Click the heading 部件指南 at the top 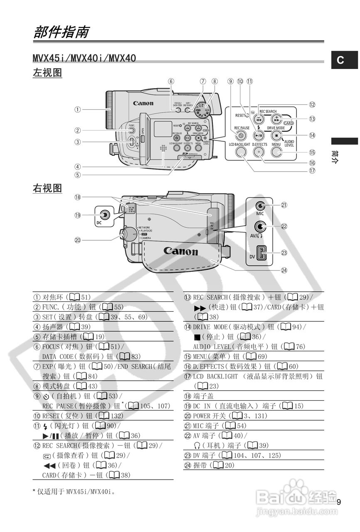[61, 32]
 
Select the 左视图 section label [47, 73]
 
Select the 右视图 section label [47, 188]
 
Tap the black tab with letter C [340, 60]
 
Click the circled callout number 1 [77, 110]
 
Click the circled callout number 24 [284, 270]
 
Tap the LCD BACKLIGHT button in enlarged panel [239, 152]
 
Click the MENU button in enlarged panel [276, 152]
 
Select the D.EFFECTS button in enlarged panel [259, 152]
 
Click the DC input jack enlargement [105, 214]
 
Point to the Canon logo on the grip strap [180, 251]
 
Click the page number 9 [339, 502]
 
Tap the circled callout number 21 [284, 205]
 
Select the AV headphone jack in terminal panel [261, 227]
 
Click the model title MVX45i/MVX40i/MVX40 [84, 58]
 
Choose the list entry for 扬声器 [67, 327]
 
